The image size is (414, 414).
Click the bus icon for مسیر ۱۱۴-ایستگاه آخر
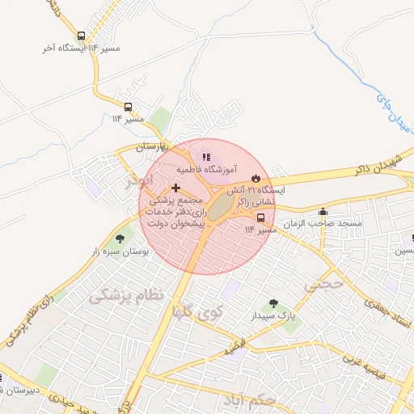(81, 36)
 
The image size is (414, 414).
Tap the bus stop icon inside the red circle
(260, 217)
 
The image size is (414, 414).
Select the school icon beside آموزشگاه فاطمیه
(206, 157)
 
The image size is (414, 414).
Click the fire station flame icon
(256, 177)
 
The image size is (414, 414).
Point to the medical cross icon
(175, 188)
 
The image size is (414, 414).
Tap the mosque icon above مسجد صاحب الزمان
(323, 211)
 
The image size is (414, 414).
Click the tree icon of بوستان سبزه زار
(120, 239)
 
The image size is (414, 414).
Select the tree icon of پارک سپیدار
(273, 303)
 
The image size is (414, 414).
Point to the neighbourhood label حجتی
(324, 284)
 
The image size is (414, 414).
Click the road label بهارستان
(150, 146)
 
